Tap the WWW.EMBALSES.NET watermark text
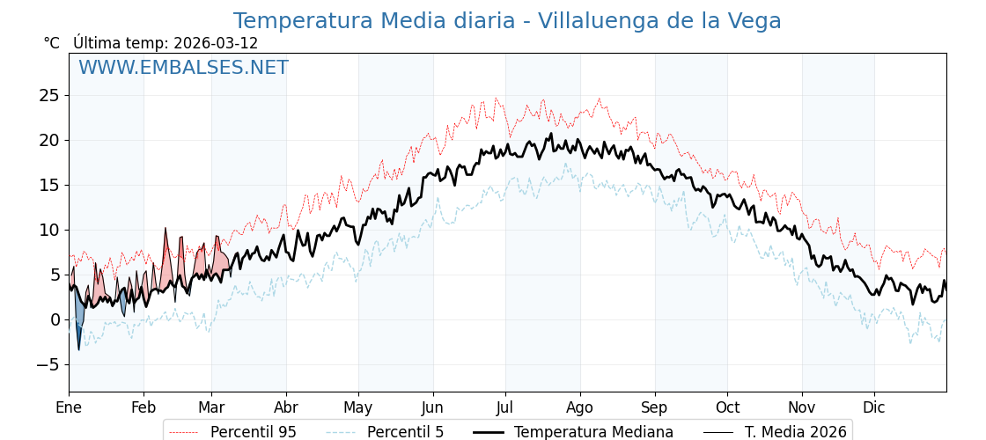[183, 68]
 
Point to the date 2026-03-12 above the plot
[216, 43]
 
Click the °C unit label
[52, 43]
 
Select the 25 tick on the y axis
[49, 95]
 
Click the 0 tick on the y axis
[55, 319]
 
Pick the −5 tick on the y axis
[49, 364]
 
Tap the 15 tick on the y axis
[49, 185]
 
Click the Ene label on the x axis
[69, 408]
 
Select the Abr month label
[286, 408]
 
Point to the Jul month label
[505, 408]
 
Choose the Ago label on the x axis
[580, 408]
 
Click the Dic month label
[874, 408]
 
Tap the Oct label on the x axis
[727, 408]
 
